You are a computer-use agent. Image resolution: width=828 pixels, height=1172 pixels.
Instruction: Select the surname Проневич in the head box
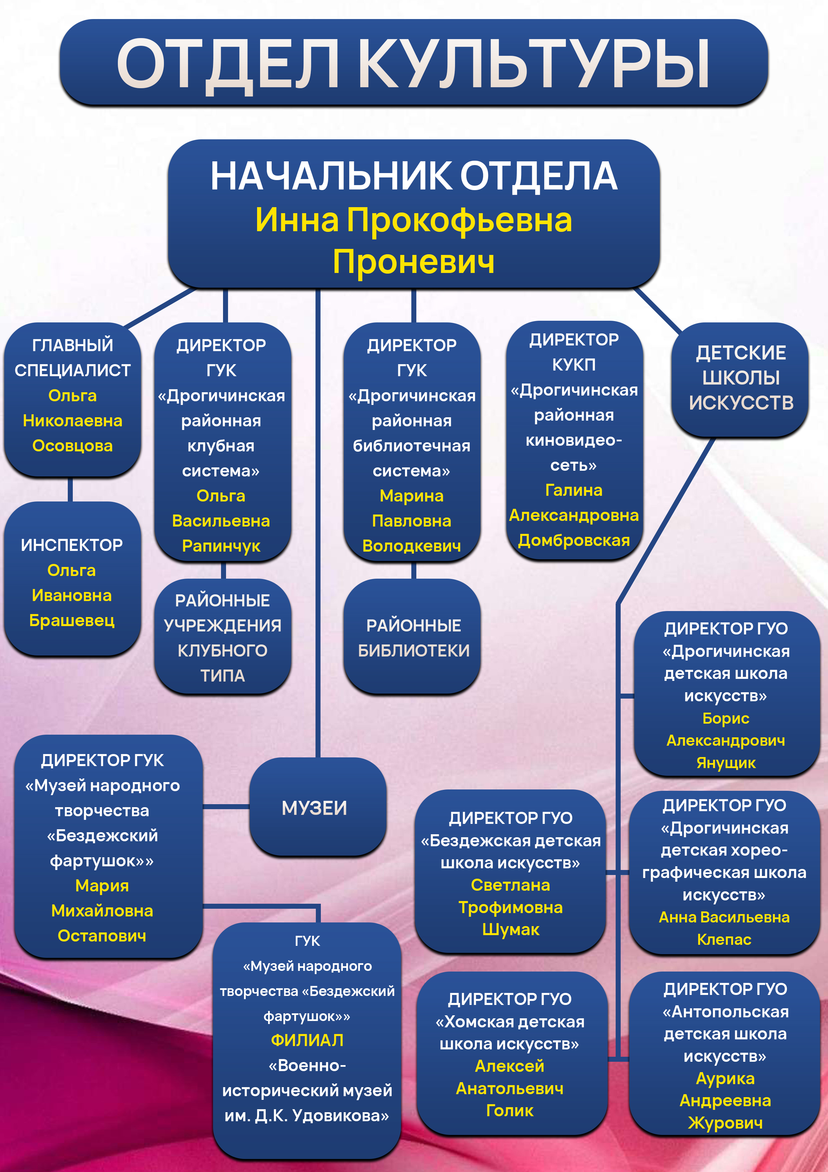point(414,261)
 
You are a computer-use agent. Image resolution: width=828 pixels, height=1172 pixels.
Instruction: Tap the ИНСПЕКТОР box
point(72,578)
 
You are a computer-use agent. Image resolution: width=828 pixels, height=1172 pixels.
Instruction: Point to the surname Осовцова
point(72,446)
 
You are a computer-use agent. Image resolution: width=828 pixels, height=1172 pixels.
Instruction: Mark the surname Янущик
point(726,763)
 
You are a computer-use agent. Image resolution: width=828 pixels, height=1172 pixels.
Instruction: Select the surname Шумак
point(511,929)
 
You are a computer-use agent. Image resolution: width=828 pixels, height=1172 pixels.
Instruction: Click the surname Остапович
point(102,936)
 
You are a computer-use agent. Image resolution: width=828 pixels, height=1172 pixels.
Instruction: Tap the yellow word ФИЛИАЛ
point(307,1040)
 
